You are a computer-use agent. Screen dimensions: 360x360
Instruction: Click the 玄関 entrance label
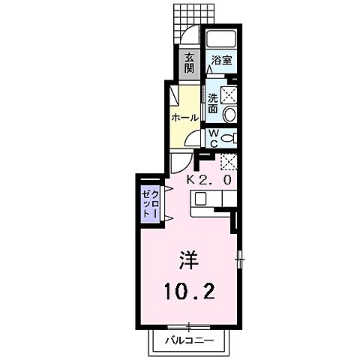[190, 64]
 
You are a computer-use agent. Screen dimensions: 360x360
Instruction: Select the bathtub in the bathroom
[221, 40]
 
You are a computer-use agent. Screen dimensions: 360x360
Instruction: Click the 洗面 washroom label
[213, 103]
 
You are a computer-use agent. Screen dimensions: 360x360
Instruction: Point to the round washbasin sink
[230, 115]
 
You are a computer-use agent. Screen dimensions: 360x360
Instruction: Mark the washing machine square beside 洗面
[229, 94]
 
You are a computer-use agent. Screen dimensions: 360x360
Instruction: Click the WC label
[213, 137]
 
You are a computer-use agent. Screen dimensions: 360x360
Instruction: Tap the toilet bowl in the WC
[229, 137]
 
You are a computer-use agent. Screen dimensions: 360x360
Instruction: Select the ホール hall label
[185, 118]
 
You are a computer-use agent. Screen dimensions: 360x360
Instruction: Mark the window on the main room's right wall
[241, 258]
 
